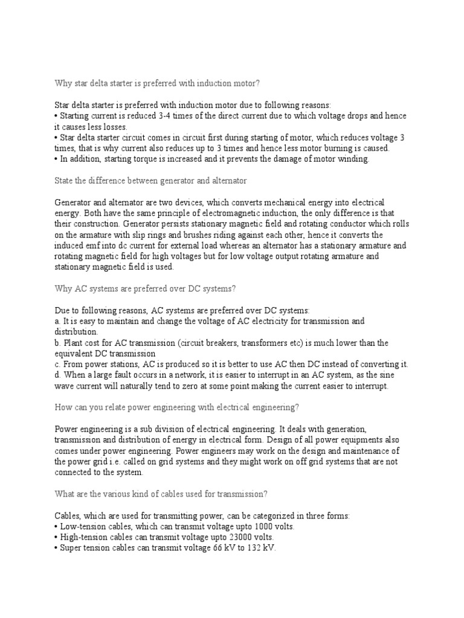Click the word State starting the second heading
65,181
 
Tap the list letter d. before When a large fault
57,375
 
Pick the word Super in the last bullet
70,548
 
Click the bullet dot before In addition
56,159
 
